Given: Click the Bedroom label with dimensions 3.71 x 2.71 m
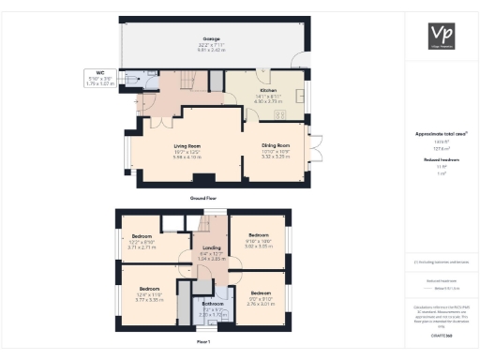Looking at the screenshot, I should coord(142,236).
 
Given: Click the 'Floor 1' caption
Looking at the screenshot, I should coord(202,342).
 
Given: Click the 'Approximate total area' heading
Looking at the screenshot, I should coord(441,134).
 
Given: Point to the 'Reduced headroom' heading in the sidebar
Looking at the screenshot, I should coord(441,160).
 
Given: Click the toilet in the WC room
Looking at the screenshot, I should coord(127,82).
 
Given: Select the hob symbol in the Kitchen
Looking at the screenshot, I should coord(278,114).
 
